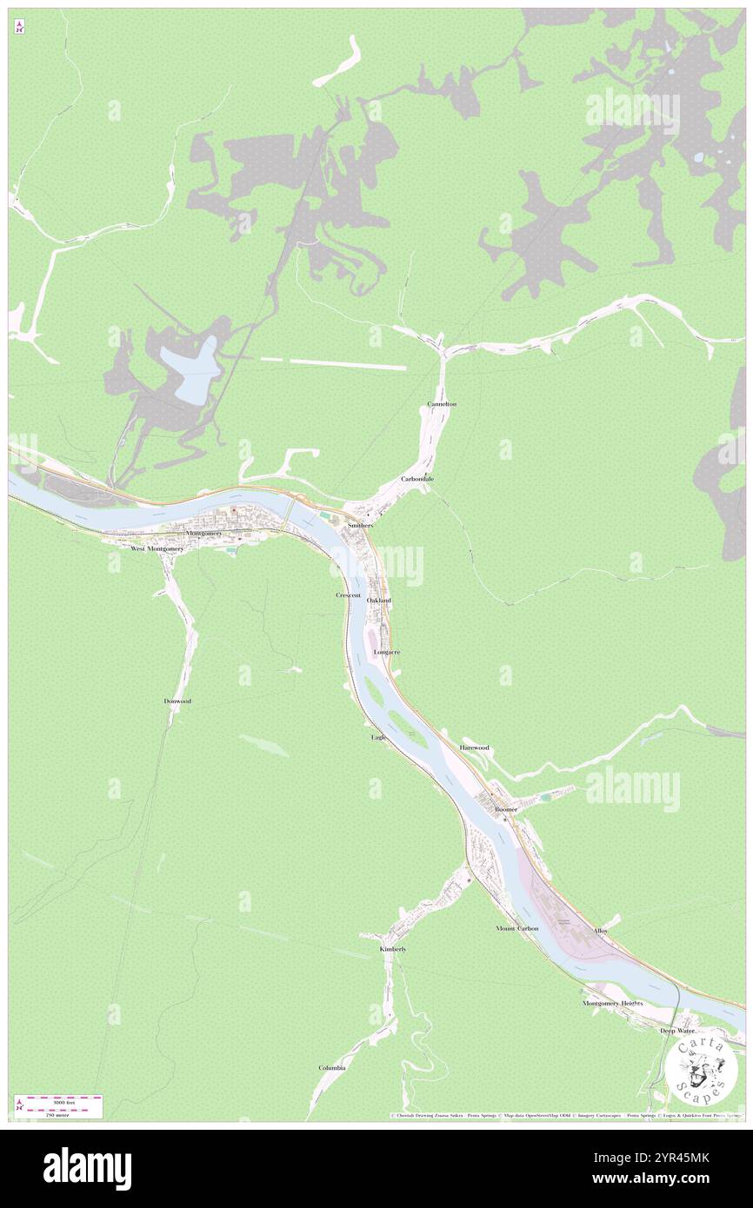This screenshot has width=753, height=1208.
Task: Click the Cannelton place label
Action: coord(442,405)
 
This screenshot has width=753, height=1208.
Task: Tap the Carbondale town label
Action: coord(417,479)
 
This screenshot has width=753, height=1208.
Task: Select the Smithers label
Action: coord(360,526)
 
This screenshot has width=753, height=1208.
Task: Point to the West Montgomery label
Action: coord(157,549)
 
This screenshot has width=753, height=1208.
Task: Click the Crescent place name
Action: coord(349,595)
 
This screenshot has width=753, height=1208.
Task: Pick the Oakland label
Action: coord(379,601)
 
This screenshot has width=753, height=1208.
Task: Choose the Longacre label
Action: coord(386,651)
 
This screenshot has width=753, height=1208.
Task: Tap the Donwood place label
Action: coord(177,700)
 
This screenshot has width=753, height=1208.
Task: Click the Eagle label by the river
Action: coord(378,737)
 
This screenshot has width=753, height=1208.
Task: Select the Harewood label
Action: coord(475,747)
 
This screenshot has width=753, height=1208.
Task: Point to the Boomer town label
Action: coord(506,809)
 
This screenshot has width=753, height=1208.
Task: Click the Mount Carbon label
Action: coord(517,928)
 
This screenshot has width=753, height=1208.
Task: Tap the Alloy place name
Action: coord(601,931)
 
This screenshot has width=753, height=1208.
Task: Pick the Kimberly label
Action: coord(393,949)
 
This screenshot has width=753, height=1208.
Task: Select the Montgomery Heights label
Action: coord(613,1003)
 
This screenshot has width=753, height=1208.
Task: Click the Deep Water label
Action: coord(677,1031)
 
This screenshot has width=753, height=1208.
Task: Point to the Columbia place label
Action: coord(332,1067)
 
